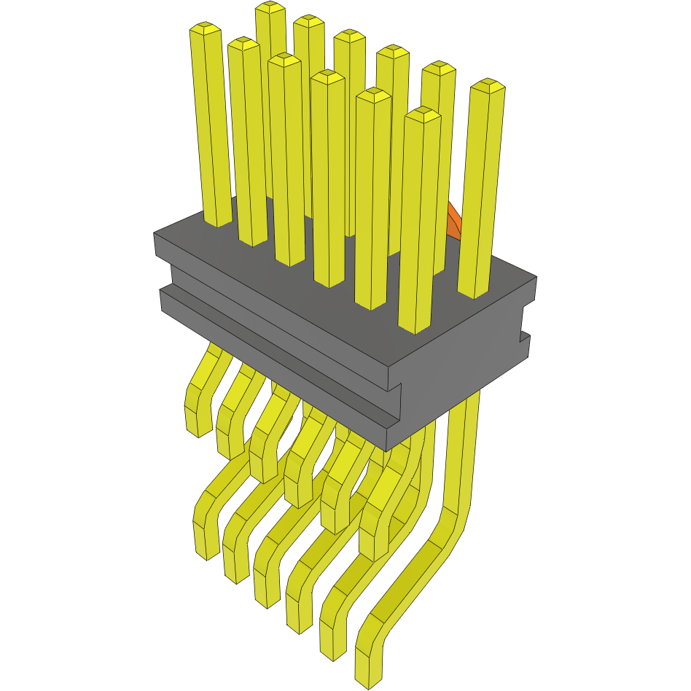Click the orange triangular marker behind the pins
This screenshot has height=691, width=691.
pyautogui.click(x=454, y=222)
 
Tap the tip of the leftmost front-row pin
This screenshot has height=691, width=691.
pyautogui.click(x=205, y=29)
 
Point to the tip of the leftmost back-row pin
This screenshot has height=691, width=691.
pyautogui.click(x=270, y=8)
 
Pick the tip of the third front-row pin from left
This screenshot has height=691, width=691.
pyautogui.click(x=284, y=60)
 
